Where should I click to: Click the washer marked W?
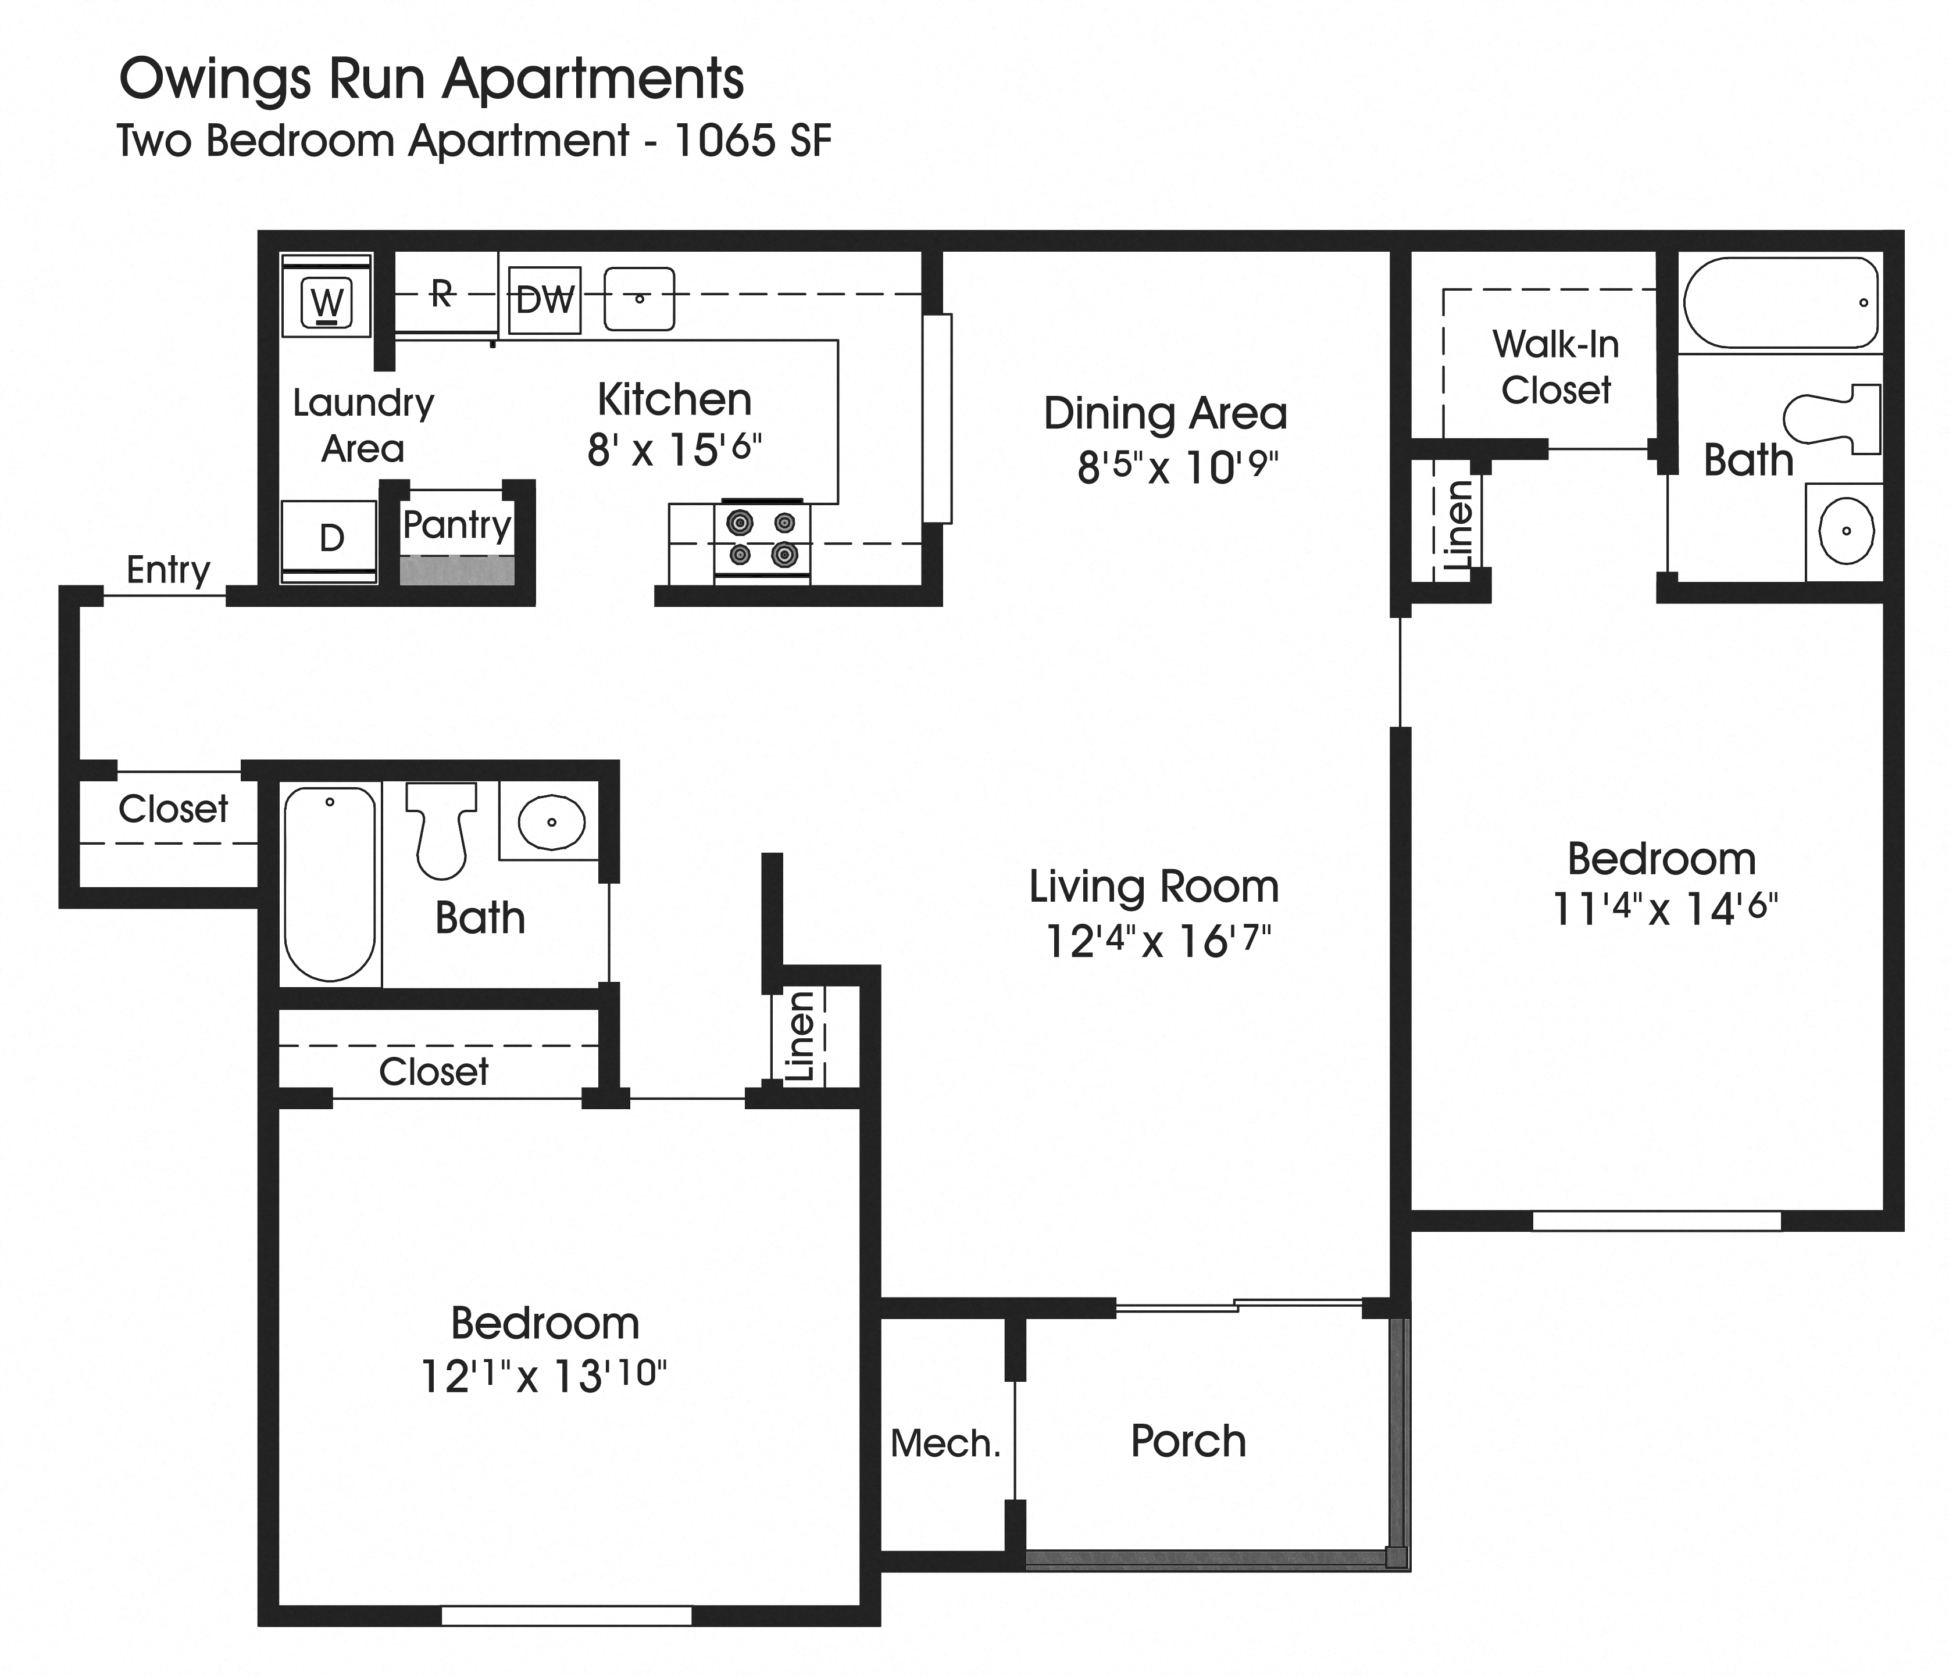[326, 302]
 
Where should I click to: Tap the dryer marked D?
[330, 539]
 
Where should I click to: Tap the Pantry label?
[456, 525]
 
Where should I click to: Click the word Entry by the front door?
[169, 570]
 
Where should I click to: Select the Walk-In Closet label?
[1556, 367]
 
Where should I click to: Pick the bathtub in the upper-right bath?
[1780, 303]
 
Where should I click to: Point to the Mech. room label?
[945, 1443]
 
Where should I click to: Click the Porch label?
[1188, 1441]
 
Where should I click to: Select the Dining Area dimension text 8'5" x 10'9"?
[1177, 466]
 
